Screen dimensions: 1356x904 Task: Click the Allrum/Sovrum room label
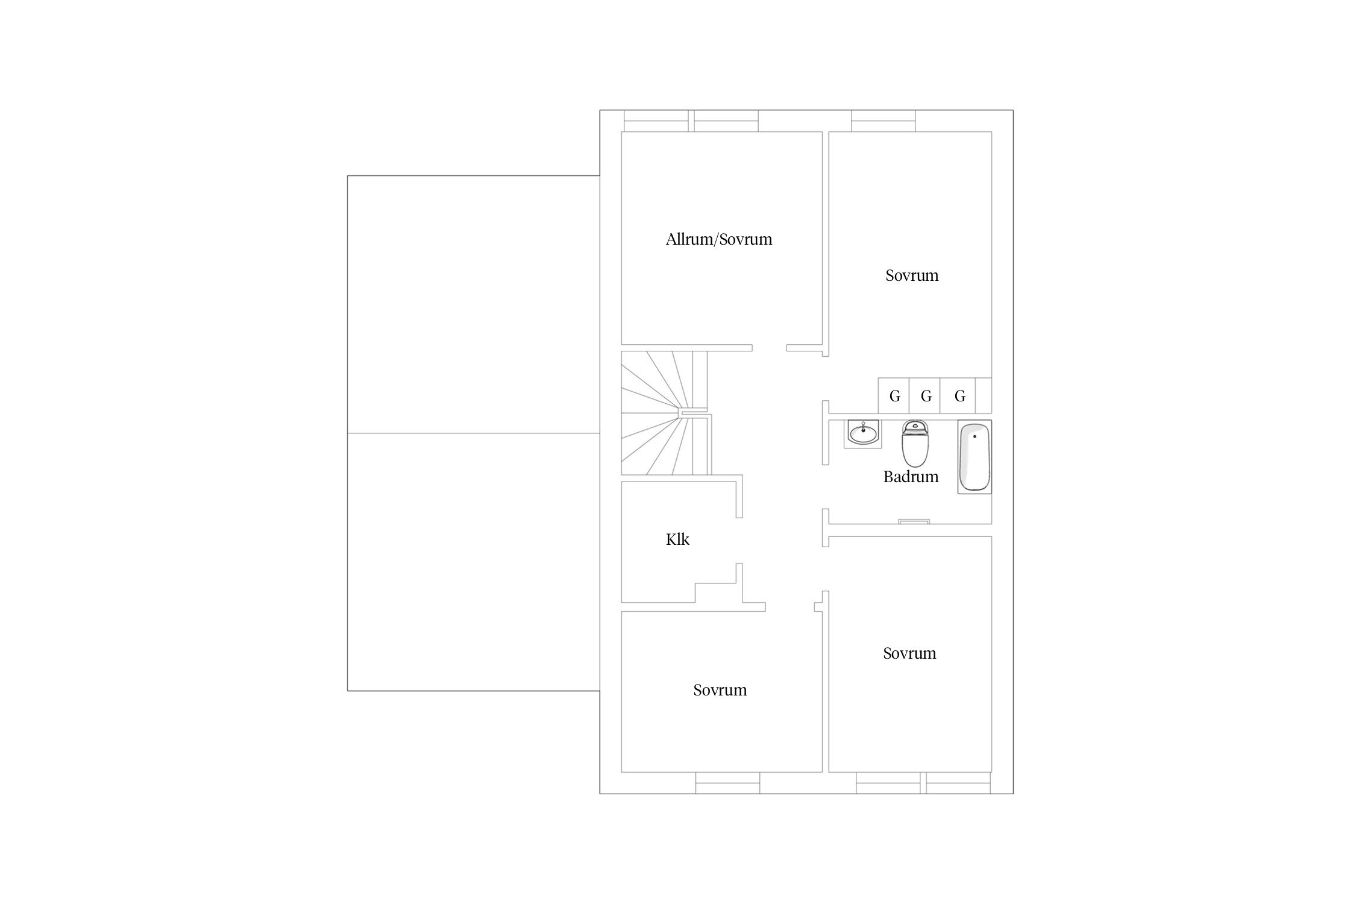[x=718, y=239]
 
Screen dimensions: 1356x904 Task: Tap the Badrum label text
[x=911, y=477]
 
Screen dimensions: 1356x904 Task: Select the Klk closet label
[x=677, y=539]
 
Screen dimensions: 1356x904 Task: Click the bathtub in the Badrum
[x=975, y=457]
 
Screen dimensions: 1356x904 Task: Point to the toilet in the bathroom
[x=915, y=444]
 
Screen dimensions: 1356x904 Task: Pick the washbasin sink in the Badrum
[x=863, y=433]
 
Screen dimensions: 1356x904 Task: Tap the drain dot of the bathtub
[x=975, y=436]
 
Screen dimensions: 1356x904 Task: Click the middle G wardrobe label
[x=926, y=397]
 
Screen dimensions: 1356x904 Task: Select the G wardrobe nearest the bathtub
[x=959, y=395]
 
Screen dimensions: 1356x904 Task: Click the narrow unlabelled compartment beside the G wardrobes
[x=984, y=395]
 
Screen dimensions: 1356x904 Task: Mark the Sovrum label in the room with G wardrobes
[x=912, y=275]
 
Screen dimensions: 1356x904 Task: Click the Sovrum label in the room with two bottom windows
[x=909, y=653]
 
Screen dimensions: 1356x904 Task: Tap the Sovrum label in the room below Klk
[x=720, y=690]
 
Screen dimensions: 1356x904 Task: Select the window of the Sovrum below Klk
[x=727, y=783]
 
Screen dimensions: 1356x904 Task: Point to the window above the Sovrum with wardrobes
[x=883, y=121]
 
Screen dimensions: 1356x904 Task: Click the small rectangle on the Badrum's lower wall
[x=914, y=521]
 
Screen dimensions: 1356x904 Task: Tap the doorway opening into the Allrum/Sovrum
[x=769, y=348]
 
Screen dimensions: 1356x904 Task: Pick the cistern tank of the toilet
[x=915, y=427]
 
